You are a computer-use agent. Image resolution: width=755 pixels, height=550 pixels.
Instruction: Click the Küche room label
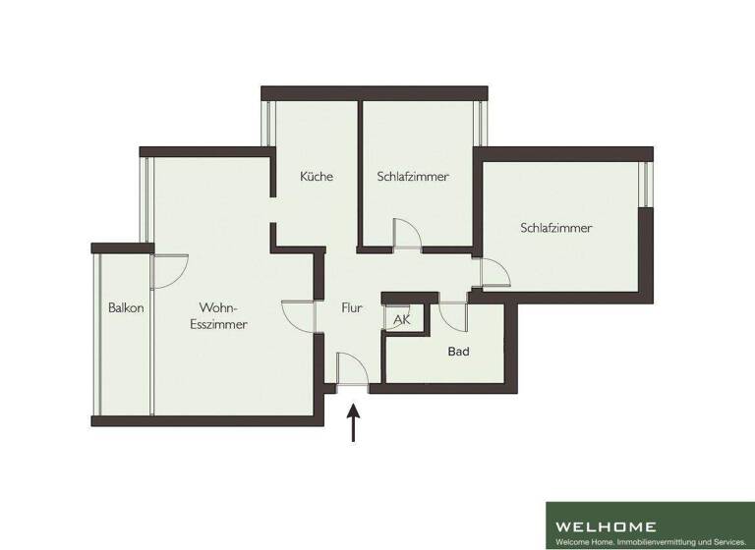click(x=317, y=177)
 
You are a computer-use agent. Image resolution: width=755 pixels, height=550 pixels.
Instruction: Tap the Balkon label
click(x=126, y=307)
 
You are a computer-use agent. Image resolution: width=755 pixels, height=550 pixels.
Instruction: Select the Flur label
click(x=352, y=307)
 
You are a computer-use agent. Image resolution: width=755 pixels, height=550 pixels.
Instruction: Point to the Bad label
click(x=458, y=351)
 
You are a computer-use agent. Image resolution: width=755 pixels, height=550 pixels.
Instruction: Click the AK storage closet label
click(x=402, y=320)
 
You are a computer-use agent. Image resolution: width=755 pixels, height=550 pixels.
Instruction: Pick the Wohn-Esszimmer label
click(x=218, y=315)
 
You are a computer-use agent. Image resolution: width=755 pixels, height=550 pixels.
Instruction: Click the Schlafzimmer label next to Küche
click(x=413, y=177)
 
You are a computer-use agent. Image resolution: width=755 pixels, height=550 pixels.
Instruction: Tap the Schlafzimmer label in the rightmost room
click(x=556, y=228)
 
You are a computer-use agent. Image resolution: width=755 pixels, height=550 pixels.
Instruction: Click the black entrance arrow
click(x=354, y=426)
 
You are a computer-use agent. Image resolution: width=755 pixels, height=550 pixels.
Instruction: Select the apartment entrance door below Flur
click(x=352, y=373)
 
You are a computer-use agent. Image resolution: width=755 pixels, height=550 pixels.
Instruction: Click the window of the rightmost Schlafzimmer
click(x=645, y=184)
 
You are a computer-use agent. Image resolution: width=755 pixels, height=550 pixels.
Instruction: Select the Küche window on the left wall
click(x=267, y=123)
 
